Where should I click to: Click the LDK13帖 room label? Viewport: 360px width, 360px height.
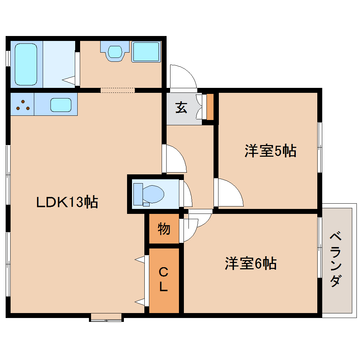(x=67, y=202)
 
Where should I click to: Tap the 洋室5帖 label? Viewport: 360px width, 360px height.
(x=270, y=151)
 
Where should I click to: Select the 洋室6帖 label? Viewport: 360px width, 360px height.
(x=251, y=263)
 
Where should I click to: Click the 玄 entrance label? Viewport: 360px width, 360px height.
(x=181, y=107)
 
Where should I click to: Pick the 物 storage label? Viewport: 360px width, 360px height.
(x=164, y=229)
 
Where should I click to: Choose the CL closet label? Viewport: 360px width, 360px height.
(x=163, y=280)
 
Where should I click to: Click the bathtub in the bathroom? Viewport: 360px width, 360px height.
(x=26, y=64)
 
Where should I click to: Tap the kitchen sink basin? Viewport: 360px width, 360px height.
(x=61, y=105)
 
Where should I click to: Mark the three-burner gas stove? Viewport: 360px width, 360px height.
(x=23, y=105)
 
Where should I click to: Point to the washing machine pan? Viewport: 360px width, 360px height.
(x=146, y=52)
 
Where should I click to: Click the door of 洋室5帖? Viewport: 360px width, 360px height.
(x=228, y=193)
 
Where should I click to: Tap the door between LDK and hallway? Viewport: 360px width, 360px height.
(x=174, y=159)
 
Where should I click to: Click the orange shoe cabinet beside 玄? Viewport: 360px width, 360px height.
(x=210, y=107)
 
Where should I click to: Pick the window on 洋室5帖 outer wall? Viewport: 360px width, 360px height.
(x=319, y=147)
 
